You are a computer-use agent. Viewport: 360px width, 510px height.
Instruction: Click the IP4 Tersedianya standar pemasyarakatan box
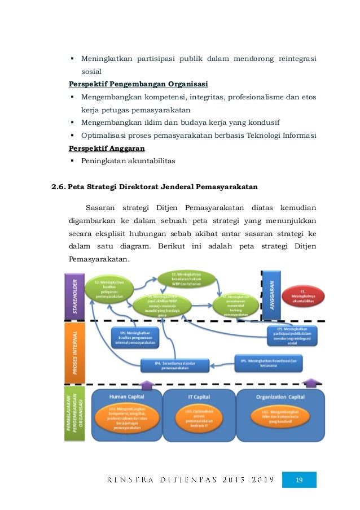point(174,364)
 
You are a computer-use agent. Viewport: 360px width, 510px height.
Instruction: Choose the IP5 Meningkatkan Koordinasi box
point(269,361)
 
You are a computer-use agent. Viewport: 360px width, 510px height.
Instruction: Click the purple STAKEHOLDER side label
point(74,295)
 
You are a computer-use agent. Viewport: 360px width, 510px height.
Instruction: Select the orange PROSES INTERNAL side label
point(74,351)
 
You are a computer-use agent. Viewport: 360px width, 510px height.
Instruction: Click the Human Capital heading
point(126,396)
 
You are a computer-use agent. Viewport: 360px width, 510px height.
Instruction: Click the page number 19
point(300,480)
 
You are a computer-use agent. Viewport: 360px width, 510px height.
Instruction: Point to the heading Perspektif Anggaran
point(107,149)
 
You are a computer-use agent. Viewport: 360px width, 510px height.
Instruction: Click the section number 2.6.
point(59,186)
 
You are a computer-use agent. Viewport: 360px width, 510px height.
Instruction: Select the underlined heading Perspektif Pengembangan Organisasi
point(138,85)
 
